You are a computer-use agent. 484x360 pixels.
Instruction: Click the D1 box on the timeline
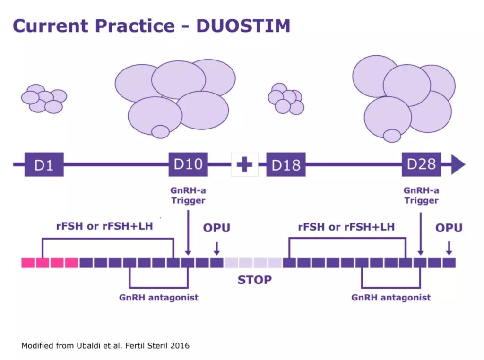click(x=44, y=164)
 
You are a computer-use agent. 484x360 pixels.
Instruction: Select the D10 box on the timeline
click(x=188, y=164)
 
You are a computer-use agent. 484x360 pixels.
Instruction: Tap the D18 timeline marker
click(x=285, y=164)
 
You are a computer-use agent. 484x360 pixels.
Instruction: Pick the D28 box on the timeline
click(x=421, y=164)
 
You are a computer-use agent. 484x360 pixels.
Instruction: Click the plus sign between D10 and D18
click(x=244, y=164)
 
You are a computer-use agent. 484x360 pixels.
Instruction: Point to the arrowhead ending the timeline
click(x=458, y=164)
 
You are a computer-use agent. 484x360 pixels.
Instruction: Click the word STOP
click(x=254, y=280)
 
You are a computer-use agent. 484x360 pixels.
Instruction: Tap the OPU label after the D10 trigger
click(x=216, y=228)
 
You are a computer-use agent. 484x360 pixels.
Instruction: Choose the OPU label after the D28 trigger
click(x=449, y=228)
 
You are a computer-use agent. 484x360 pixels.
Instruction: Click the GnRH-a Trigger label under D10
click(x=188, y=195)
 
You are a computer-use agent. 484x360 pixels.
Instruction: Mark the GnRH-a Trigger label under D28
click(x=421, y=195)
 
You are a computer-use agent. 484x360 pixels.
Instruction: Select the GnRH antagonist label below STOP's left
click(x=159, y=298)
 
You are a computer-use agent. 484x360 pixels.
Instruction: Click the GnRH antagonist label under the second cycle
click(x=391, y=298)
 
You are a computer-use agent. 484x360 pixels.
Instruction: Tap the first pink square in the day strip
click(x=28, y=263)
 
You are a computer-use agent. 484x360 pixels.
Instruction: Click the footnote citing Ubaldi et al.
click(x=105, y=345)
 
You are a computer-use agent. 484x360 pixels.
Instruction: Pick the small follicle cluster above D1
click(x=44, y=99)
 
